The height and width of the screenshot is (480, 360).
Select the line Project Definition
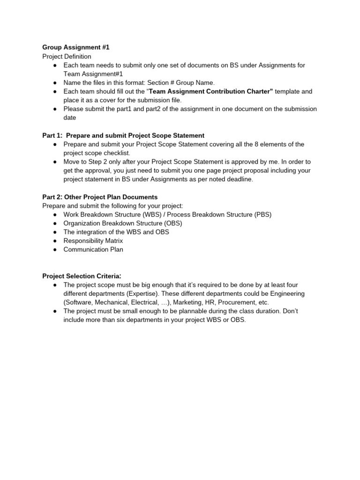click(67, 56)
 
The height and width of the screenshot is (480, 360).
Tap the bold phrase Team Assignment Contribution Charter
click(210, 91)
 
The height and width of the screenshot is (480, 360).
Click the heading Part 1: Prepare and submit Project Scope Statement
click(123, 135)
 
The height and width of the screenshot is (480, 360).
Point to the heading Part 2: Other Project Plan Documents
click(100, 197)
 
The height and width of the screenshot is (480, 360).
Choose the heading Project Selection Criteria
click(82, 276)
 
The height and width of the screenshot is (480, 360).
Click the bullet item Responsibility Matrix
click(93, 241)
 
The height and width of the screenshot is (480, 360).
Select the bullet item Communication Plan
click(93, 249)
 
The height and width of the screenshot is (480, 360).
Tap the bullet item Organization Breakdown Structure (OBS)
click(123, 223)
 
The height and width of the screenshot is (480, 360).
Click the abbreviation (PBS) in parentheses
click(263, 214)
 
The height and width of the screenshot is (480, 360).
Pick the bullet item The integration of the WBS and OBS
click(116, 232)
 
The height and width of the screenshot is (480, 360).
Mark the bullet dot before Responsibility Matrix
click(55, 241)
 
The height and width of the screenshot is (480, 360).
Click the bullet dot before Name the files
click(55, 82)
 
